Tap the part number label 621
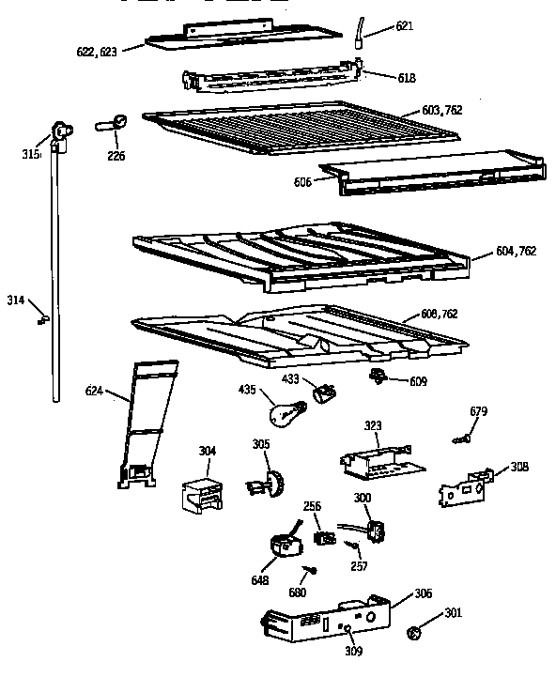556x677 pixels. coord(404,26)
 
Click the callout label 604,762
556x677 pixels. coord(515,251)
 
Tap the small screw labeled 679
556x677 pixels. coord(460,438)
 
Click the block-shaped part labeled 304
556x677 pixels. coord(205,492)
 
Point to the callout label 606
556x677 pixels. coord(303,181)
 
